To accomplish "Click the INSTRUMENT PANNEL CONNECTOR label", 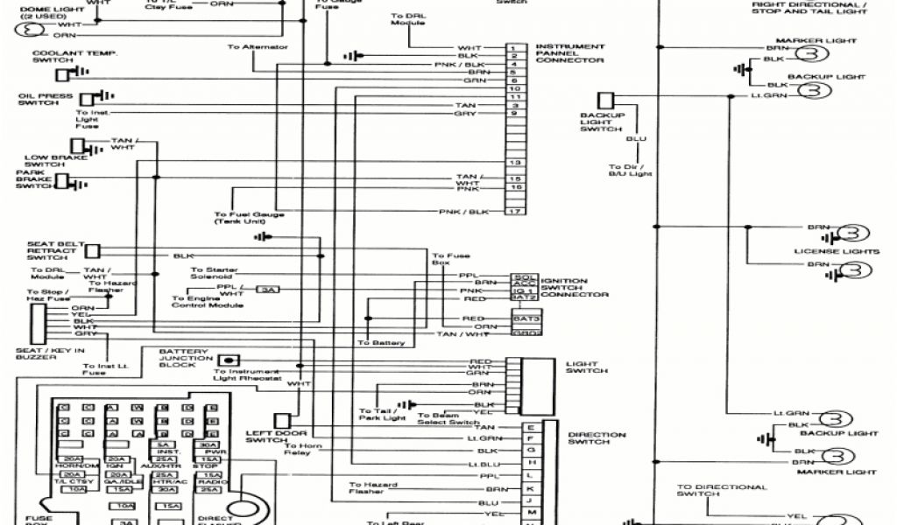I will click(569, 53).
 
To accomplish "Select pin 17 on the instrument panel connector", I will click(515, 213).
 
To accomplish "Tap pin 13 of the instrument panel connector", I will click(515, 163).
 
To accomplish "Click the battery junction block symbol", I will click(230, 359).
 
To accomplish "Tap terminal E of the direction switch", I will click(531, 427).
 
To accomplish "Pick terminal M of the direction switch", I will click(531, 509).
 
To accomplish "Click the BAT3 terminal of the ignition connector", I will click(523, 318).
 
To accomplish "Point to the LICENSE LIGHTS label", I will click(836, 251).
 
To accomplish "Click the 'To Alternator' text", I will click(258, 46).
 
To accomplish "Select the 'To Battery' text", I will click(381, 342).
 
